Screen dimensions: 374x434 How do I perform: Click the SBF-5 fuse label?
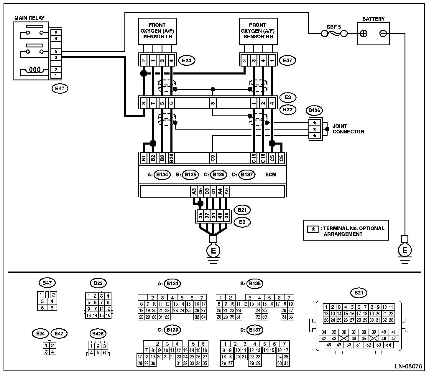pos(333,27)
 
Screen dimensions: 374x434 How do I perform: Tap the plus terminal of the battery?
pos(364,34)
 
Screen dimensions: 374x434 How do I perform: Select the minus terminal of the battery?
pos(383,34)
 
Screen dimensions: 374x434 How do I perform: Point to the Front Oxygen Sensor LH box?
pos(157,31)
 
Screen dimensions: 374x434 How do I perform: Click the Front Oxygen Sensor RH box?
pos(257,31)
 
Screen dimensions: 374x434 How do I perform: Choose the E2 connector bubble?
pos(242,222)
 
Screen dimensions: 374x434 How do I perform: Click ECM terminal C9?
pos(213,158)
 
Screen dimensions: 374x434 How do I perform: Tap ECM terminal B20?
pos(171,158)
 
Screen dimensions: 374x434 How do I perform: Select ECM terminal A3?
pos(194,192)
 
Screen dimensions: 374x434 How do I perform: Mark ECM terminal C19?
pos(254,158)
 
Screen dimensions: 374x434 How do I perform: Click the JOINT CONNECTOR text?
pos(348,129)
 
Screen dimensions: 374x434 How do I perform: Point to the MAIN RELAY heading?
pos(29,18)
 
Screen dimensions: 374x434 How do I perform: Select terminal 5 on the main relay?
pos(56,52)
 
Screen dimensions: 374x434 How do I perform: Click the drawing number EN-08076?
pos(408,367)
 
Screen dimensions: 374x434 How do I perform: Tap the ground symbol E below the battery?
pos(405,250)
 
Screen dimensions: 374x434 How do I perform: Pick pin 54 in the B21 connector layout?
pos(388,345)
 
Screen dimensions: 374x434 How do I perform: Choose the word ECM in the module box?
pos(271,175)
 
